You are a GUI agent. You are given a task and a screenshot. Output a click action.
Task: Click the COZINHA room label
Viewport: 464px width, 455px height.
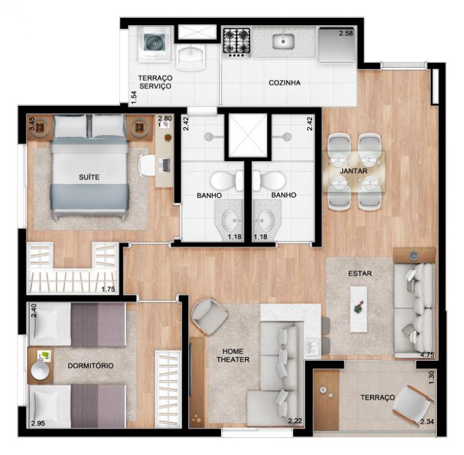(x=284, y=83)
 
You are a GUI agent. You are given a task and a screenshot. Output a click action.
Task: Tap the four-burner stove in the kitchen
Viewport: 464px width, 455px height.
(x=237, y=42)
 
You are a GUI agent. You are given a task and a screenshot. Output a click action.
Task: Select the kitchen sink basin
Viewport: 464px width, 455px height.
(x=283, y=41)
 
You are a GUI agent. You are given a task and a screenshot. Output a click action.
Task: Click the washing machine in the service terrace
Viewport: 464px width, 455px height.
(x=155, y=45)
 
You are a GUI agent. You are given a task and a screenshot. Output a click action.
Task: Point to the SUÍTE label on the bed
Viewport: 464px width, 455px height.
(x=89, y=177)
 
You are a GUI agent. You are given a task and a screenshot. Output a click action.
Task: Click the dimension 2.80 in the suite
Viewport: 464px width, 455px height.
(x=165, y=118)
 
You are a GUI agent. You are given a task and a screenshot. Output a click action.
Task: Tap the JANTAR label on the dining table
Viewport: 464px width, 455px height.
(x=353, y=171)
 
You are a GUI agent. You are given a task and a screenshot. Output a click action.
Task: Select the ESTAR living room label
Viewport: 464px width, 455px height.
(x=360, y=274)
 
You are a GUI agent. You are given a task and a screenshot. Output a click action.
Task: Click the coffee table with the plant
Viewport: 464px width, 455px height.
(x=358, y=309)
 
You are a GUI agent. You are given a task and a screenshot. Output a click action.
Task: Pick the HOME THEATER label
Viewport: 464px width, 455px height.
(x=233, y=355)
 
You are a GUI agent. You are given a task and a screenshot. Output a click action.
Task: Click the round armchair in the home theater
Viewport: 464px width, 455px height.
(x=209, y=316)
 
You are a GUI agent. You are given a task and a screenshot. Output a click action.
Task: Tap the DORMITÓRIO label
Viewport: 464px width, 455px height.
(x=90, y=366)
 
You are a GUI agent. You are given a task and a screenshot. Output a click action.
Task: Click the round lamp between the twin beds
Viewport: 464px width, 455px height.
(x=40, y=371)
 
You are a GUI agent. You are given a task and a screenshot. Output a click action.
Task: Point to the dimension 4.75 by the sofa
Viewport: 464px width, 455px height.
(x=427, y=355)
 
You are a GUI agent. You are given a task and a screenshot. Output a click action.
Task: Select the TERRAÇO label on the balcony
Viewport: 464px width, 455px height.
(x=378, y=398)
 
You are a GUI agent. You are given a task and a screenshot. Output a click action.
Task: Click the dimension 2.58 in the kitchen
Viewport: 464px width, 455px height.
(x=346, y=33)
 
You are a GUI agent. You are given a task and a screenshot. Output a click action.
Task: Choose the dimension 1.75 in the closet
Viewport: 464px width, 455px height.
(x=108, y=289)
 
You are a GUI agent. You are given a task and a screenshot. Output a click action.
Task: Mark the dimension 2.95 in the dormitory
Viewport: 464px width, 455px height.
(x=38, y=423)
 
